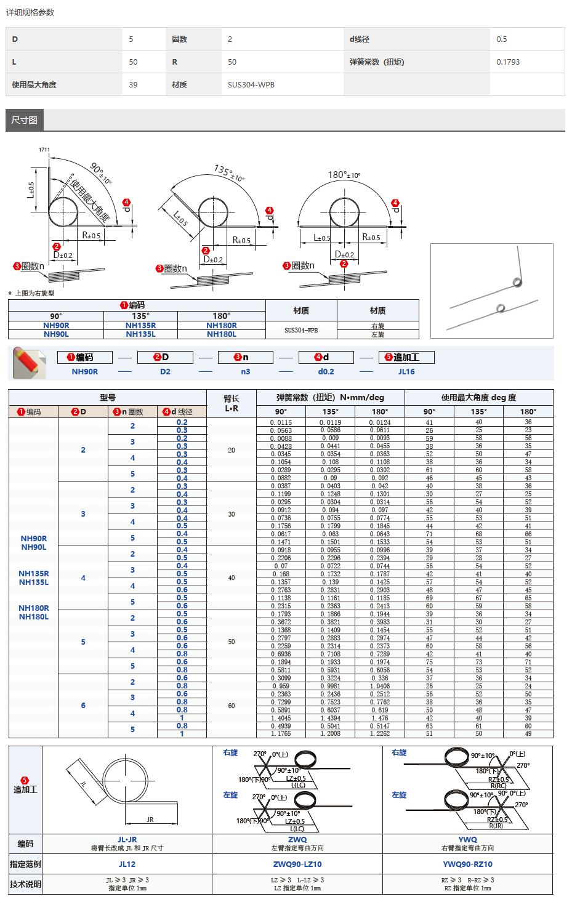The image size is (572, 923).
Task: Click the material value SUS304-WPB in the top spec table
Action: (x=251, y=85)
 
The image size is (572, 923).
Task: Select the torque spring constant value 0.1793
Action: (x=508, y=62)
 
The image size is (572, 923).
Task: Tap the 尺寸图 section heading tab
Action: (x=25, y=120)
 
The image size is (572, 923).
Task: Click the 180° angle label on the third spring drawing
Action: (x=344, y=175)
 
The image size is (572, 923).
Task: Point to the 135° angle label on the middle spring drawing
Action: (x=228, y=172)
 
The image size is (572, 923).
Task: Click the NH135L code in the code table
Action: (x=140, y=334)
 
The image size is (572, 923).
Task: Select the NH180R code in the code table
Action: (x=222, y=326)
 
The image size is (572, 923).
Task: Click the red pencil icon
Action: (x=28, y=362)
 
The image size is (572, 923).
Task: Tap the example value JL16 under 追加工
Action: (x=406, y=372)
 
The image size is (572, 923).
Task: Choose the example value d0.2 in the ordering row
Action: (x=326, y=372)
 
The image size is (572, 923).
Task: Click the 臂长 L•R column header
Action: (x=232, y=403)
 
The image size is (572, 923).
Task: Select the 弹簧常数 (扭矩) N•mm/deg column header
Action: (x=331, y=398)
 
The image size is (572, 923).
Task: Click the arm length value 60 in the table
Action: (x=232, y=706)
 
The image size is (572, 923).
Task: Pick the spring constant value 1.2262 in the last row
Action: (x=380, y=734)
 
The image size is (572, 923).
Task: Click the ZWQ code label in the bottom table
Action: (x=297, y=840)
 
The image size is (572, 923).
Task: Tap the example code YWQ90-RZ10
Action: (x=467, y=865)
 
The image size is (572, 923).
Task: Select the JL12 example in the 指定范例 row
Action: (x=127, y=865)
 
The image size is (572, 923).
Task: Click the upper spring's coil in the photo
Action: (x=517, y=283)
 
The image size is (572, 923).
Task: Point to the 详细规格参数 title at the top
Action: (x=30, y=12)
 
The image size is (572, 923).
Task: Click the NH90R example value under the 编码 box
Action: (x=85, y=372)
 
